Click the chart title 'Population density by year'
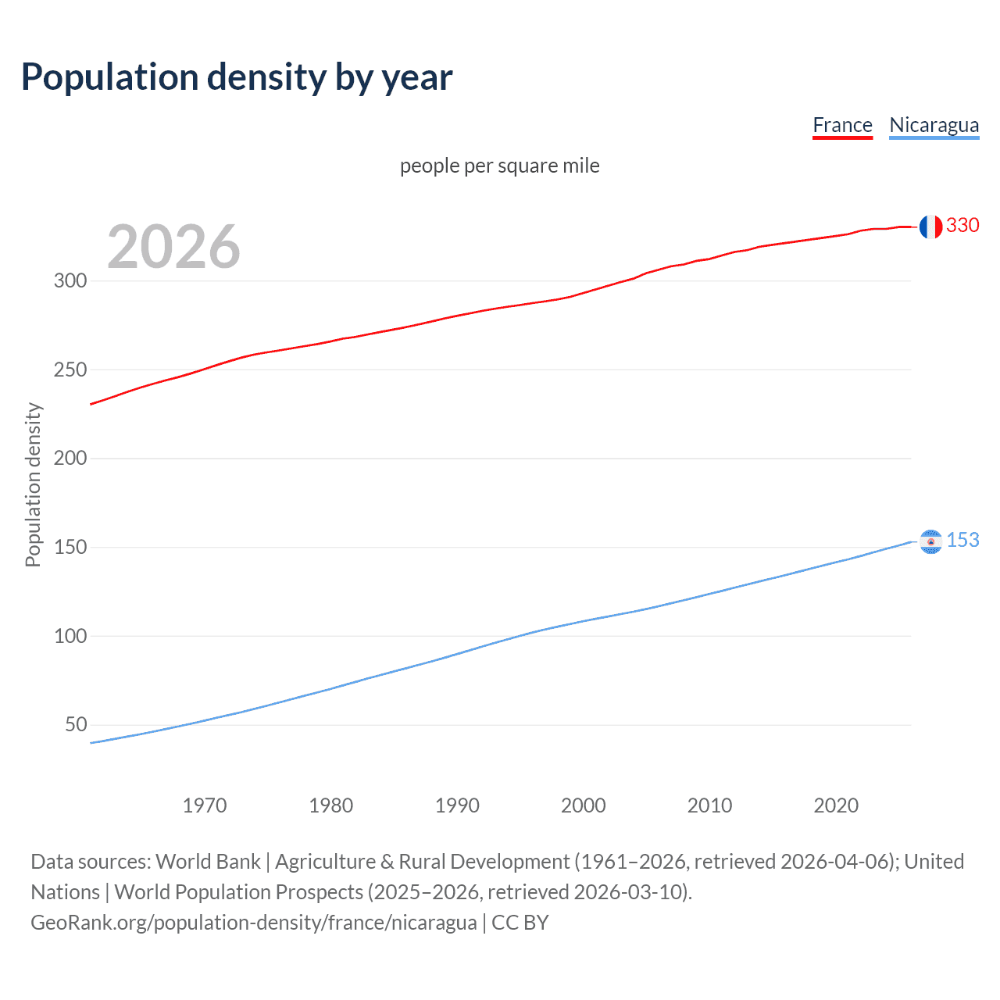(237, 77)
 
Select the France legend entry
(842, 125)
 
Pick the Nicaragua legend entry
(934, 125)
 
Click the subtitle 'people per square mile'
(499, 166)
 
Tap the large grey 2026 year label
(173, 247)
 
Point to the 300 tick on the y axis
(70, 280)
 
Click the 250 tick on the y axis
(70, 370)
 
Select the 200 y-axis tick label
(70, 458)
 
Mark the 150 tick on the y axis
(70, 547)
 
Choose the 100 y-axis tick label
(70, 636)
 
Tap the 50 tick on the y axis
(76, 724)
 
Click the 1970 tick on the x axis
(205, 805)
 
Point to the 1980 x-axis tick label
(331, 805)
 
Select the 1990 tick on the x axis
(457, 805)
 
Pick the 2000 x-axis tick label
(584, 805)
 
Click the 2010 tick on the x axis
(709, 805)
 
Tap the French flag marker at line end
(930, 227)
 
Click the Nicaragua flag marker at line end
(930, 541)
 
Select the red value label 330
(962, 225)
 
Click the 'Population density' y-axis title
(33, 484)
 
